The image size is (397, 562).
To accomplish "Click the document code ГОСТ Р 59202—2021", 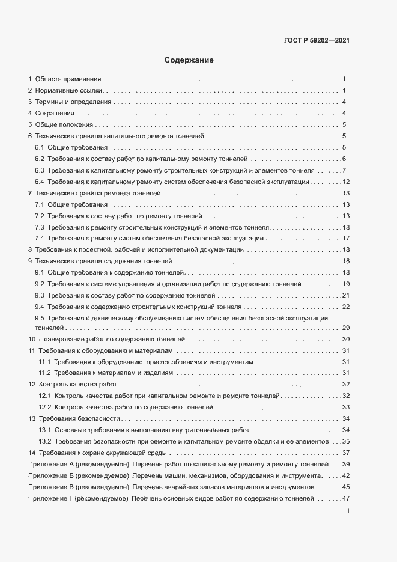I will coord(317,41).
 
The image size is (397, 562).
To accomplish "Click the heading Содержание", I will coord(189,60).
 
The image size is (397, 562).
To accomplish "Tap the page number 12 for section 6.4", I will coord(346,182).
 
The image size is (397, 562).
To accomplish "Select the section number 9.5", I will coord(40,317).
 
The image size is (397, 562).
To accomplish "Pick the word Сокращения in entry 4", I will coord(55,114).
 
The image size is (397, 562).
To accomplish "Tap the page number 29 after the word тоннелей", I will coord(346,328).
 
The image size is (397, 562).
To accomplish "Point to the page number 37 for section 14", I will coord(346,453).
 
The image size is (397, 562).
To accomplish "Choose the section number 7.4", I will coord(40,238).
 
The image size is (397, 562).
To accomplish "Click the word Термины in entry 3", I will coord(48,102).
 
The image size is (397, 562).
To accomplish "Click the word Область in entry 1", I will coord(47,79).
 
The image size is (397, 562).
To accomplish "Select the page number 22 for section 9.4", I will coord(346,306).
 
